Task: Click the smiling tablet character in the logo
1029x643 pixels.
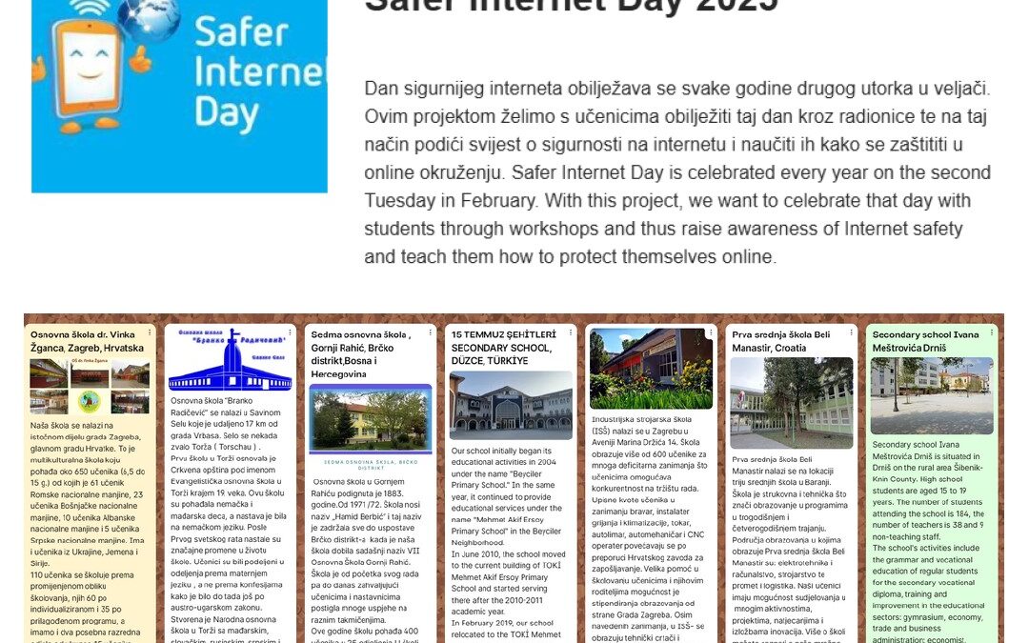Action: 95,71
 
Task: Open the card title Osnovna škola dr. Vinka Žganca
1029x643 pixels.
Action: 87,341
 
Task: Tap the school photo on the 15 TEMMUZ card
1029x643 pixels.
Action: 511,406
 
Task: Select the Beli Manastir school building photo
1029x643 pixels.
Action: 791,402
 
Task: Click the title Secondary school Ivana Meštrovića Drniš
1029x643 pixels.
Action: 925,341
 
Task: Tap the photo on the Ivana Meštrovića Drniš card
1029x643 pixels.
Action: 931,395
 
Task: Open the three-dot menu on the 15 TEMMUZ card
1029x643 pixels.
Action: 573,332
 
